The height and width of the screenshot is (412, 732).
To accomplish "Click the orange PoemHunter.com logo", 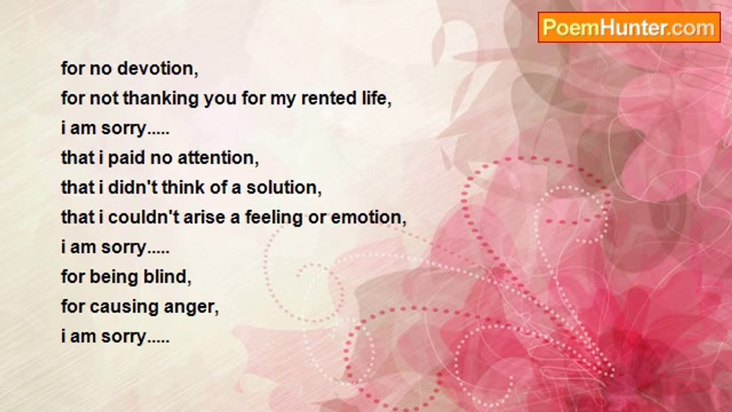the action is (x=629, y=27).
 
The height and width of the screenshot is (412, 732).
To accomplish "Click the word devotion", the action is (x=157, y=69).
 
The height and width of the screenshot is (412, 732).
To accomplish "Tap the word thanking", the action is (x=161, y=98).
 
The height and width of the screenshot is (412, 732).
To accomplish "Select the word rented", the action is (x=328, y=98).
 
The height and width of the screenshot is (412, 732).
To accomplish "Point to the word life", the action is (x=376, y=98).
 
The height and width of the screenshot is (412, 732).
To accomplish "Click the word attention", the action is (x=218, y=158).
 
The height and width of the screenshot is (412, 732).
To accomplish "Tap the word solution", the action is (x=284, y=187).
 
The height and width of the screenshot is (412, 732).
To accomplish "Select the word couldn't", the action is (x=144, y=217).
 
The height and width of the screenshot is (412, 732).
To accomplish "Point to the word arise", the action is (x=205, y=217).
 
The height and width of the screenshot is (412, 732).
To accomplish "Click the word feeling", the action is (x=274, y=217).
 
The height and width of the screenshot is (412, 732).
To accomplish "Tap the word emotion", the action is (x=369, y=217).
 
